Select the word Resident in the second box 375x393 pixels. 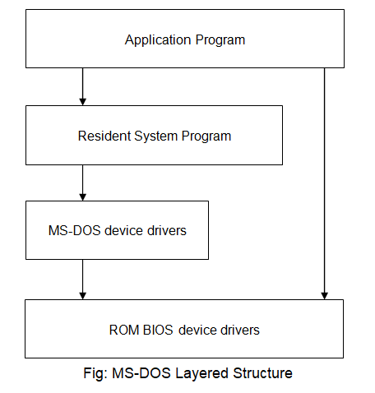[x=103, y=136]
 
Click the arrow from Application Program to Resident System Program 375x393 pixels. [x=83, y=86]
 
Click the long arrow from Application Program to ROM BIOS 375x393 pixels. [x=325, y=181]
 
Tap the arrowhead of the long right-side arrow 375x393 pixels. [x=325, y=294]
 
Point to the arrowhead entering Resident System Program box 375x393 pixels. [x=83, y=101]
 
